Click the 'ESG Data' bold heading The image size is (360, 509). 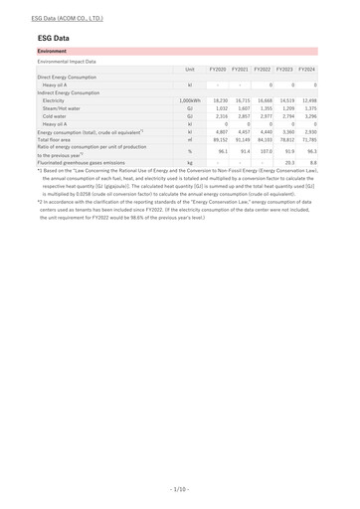pyautogui.click(x=53, y=38)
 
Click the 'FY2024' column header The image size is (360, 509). pyautogui.click(x=306, y=69)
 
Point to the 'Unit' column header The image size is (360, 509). pyautogui.click(x=189, y=69)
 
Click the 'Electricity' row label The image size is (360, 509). pyautogui.click(x=54, y=100)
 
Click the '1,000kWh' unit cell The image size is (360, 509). pyautogui.click(x=189, y=100)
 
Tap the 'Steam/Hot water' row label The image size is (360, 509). pyautogui.click(x=62, y=108)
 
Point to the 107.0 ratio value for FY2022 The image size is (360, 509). pyautogui.click(x=266, y=151)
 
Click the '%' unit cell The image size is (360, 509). pyautogui.click(x=189, y=151)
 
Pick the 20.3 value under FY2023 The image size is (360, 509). pyautogui.click(x=289, y=162)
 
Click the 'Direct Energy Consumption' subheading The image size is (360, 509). pyautogui.click(x=67, y=77)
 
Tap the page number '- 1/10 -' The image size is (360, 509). pyautogui.click(x=179, y=489)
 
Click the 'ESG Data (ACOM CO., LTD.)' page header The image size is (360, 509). pyautogui.click(x=67, y=18)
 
